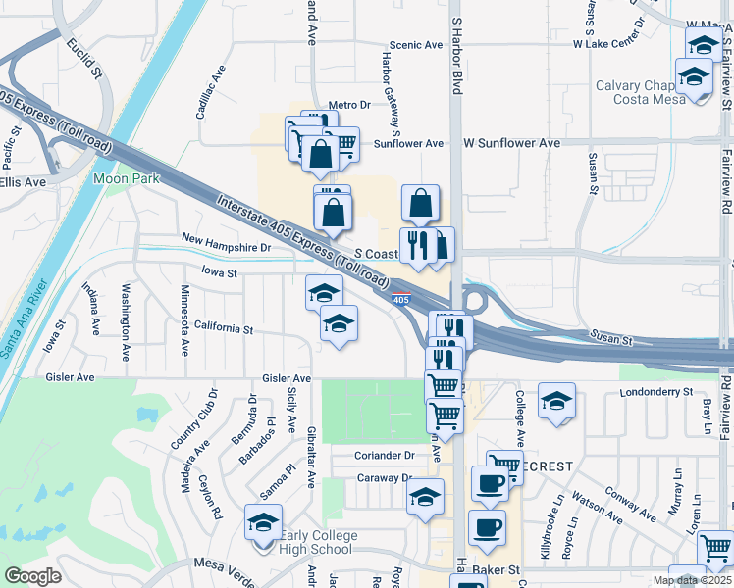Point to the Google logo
31,576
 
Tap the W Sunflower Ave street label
511,143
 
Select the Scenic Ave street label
416,45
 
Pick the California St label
224,327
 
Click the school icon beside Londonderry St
556,402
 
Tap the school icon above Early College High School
263,522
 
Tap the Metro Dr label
349,105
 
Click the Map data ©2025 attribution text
692,580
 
